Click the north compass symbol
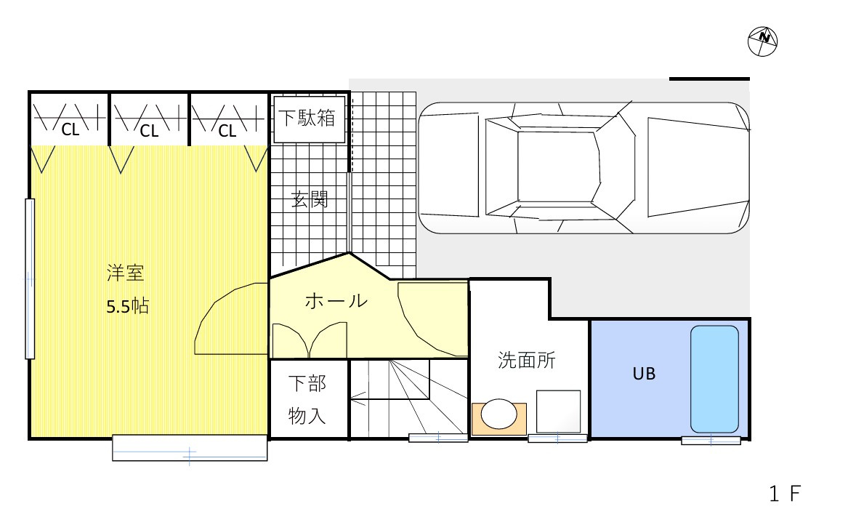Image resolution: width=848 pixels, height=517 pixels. click(x=762, y=41)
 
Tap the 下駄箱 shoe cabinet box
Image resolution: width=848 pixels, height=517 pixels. click(x=308, y=119)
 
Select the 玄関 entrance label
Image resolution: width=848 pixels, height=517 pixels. click(x=310, y=199)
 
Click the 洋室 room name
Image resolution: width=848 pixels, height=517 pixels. click(x=125, y=275)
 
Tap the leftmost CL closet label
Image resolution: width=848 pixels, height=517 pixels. click(x=70, y=131)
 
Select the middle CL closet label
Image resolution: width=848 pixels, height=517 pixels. click(x=149, y=131)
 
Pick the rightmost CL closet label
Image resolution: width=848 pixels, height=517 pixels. click(x=227, y=131)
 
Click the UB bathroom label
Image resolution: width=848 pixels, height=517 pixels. click(x=644, y=374)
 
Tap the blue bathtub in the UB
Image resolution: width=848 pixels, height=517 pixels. click(x=714, y=379)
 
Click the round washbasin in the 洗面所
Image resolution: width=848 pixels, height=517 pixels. click(x=498, y=414)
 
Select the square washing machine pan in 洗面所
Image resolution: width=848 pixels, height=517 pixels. click(x=558, y=412)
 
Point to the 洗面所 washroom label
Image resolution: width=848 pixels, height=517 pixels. click(x=527, y=360)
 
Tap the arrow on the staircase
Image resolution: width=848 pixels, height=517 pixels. click(x=358, y=398)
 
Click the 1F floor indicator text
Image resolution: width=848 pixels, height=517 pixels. click(x=786, y=495)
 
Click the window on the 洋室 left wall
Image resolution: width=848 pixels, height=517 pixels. click(x=30, y=278)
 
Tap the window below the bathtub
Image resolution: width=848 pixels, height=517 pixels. click(x=711, y=440)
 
